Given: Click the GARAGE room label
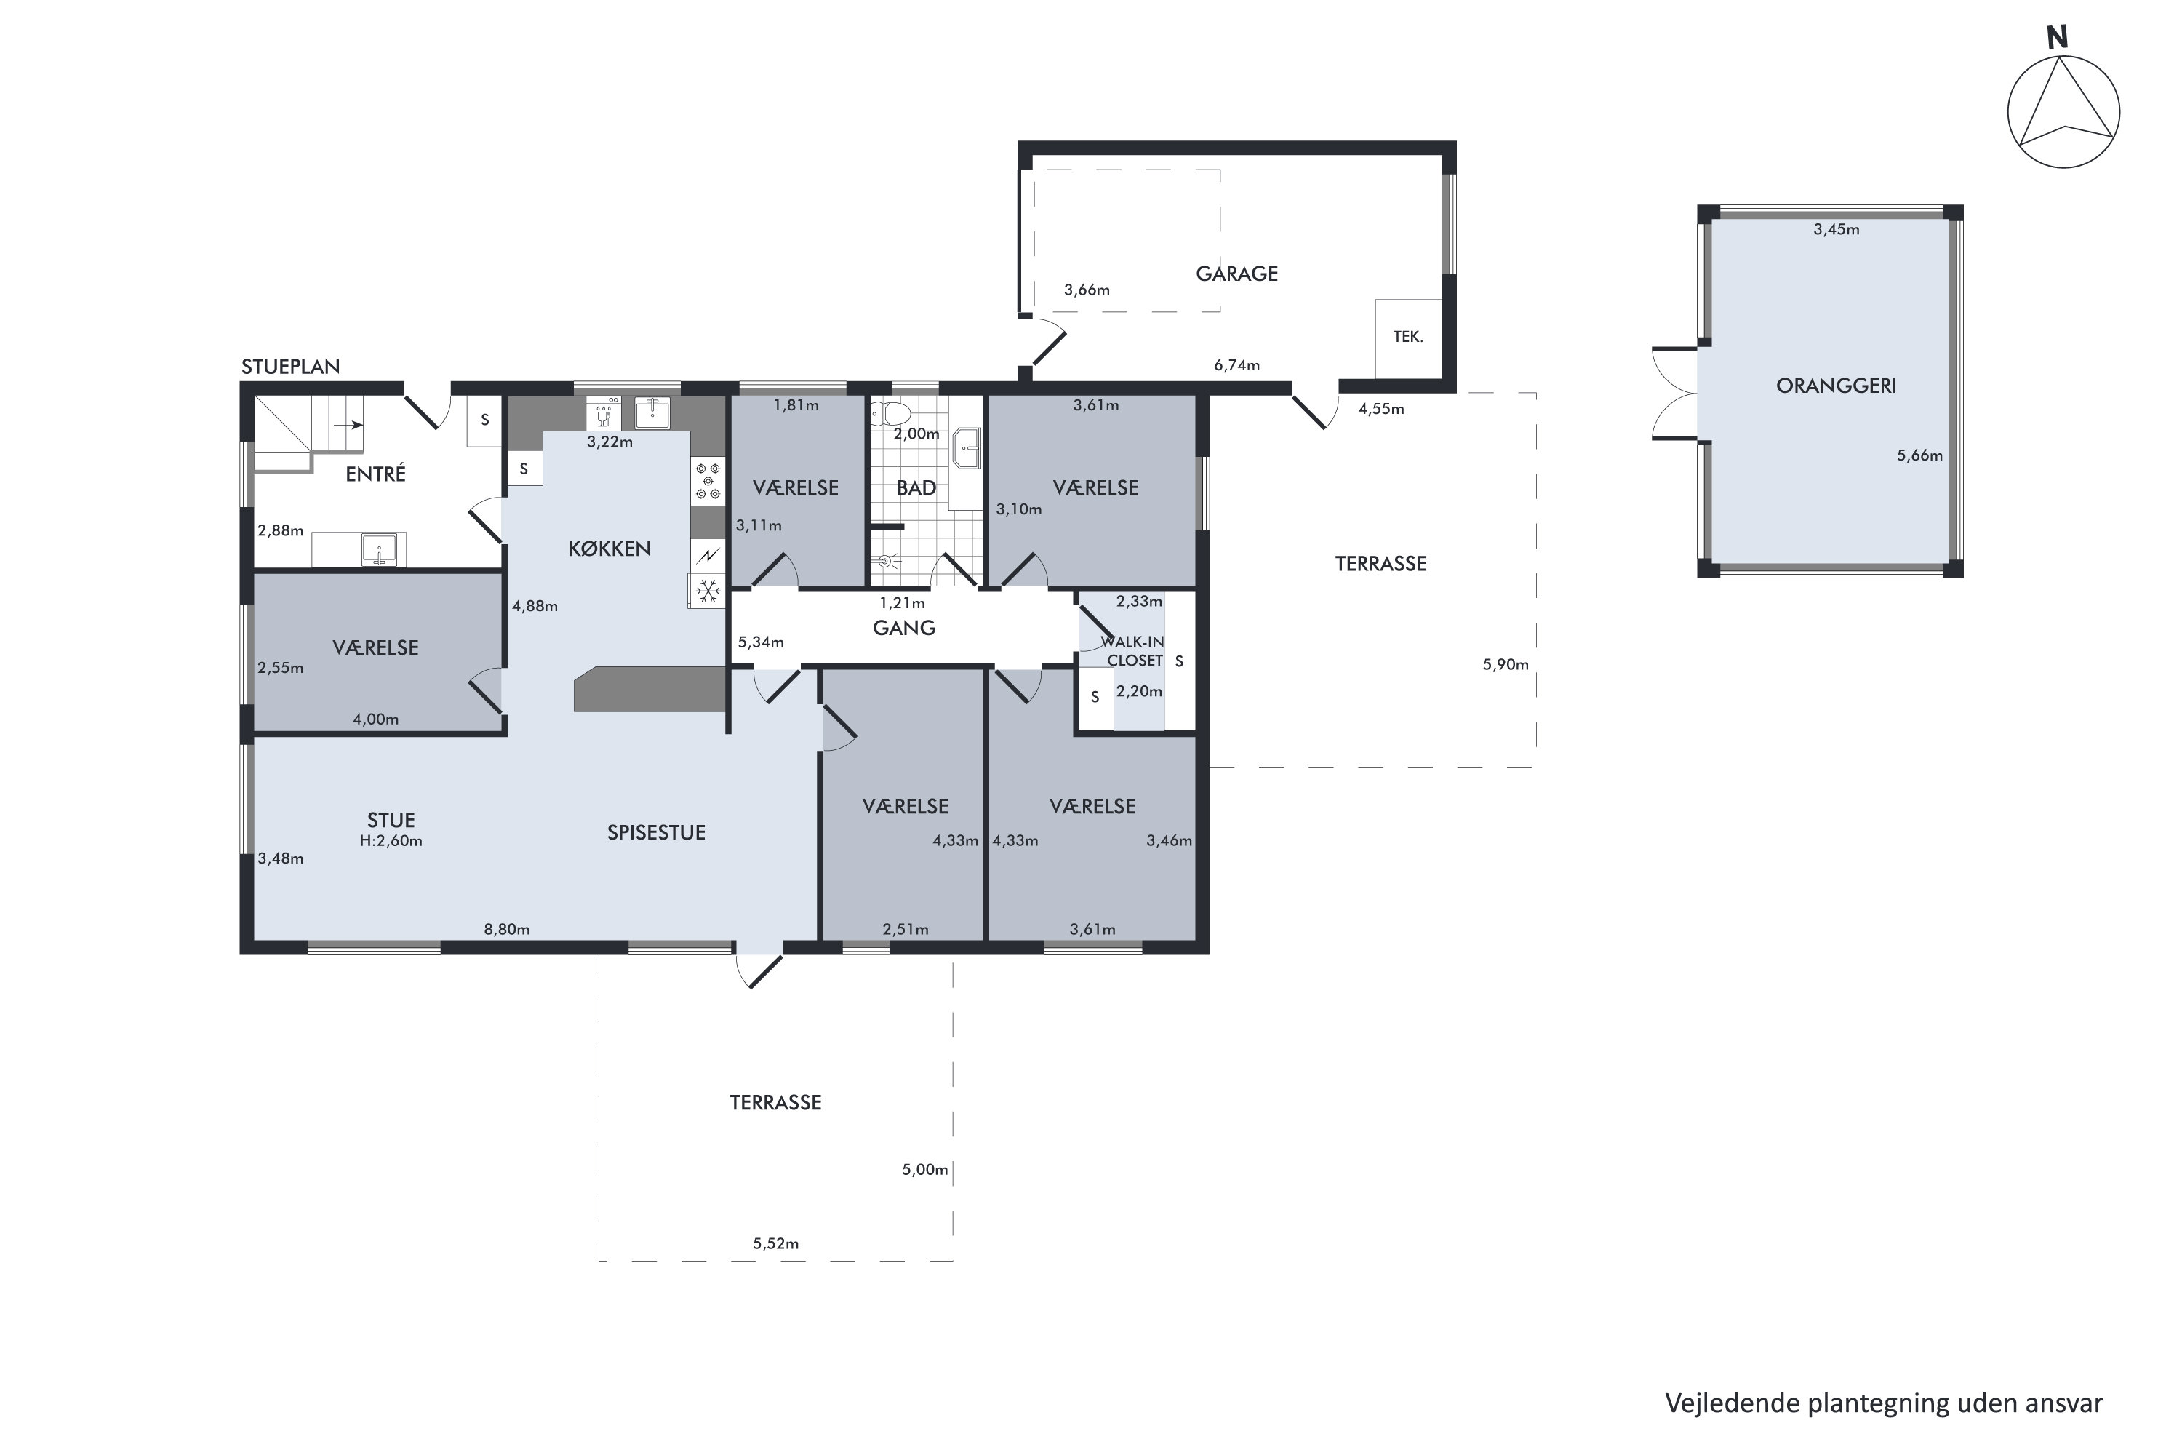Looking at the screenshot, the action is click(1236, 274).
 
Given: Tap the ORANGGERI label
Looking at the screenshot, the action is click(1836, 386).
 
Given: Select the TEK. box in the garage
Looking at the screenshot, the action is click(1408, 338).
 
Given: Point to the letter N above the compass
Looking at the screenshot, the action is click(2057, 37).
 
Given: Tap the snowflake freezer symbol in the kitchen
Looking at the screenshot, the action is click(708, 590).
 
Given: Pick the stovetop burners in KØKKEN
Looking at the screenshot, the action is click(708, 482).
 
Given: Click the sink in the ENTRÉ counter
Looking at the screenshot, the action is click(378, 549).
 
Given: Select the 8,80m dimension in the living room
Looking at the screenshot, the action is click(506, 929).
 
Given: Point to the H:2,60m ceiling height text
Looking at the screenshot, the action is click(391, 841).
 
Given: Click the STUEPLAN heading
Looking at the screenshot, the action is click(290, 367).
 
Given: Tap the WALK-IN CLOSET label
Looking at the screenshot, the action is click(1132, 651).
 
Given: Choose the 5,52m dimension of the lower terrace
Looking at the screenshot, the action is click(775, 1243).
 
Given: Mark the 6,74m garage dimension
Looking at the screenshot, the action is click(1236, 366).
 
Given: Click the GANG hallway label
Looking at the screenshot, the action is click(905, 629).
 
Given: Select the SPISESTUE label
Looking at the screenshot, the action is click(656, 833).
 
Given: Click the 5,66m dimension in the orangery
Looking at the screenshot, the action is click(1919, 455).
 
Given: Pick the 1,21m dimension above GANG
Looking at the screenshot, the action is click(902, 603).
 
